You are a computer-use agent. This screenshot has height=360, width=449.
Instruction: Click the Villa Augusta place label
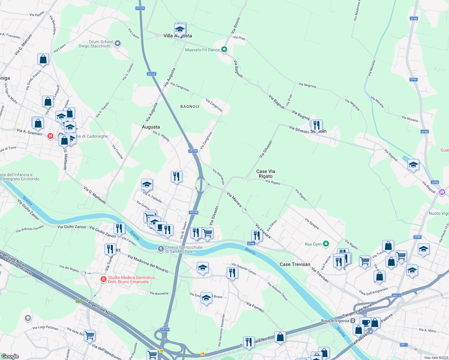pyautogui.click(x=178, y=36)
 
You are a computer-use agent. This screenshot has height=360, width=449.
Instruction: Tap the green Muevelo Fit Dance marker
pyautogui.click(x=224, y=49)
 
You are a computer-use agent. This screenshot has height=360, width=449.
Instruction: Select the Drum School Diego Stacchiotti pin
pyautogui.click(x=118, y=44)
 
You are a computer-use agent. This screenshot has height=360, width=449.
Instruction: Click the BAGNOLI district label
pyautogui.click(x=190, y=106)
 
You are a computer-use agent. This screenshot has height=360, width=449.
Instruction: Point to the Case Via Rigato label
pyautogui.click(x=266, y=174)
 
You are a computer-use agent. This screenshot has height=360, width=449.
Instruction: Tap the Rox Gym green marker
pyautogui.click(x=326, y=244)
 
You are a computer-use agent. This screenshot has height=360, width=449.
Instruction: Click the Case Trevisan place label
pyautogui.click(x=295, y=264)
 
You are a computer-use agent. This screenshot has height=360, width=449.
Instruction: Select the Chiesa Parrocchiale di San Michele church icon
pyautogui.click(x=161, y=249)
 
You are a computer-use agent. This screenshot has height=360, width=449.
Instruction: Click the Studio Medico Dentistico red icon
pyautogui.click(x=104, y=279)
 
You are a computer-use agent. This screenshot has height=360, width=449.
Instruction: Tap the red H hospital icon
pyautogui.click(x=50, y=136)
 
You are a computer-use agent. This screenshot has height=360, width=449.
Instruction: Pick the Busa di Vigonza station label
pyautogui.click(x=335, y=321)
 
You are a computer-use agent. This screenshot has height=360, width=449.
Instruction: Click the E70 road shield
pyautogui.click(x=79, y=301)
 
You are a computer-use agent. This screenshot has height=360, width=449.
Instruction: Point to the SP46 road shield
pyautogui.click(x=251, y=243)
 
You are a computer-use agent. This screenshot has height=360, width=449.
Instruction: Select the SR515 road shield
pyautogui.click(x=396, y=295)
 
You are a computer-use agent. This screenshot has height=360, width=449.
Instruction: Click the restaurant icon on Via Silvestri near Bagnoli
pyautogui.click(x=317, y=125)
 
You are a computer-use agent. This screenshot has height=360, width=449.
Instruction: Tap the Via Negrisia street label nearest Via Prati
pyautogui.click(x=307, y=85)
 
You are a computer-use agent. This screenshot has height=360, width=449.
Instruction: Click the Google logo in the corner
pyautogui.click(x=10, y=356)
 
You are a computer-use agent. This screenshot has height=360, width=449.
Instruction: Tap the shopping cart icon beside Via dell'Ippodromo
pyautogui.click(x=89, y=335)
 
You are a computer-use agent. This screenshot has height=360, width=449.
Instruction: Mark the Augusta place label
pyautogui.click(x=151, y=127)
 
